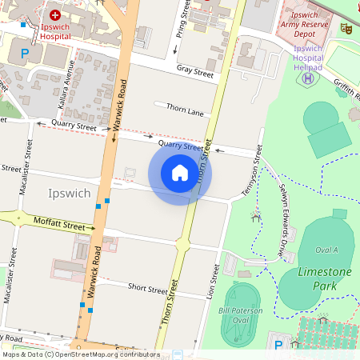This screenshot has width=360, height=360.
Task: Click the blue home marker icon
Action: click(180, 173)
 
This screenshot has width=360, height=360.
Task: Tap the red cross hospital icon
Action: click(55, 14)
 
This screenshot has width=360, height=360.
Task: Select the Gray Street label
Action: click(196, 72)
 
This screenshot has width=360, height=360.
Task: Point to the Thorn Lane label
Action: click(184, 110)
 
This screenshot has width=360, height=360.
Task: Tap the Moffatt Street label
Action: click(58, 222)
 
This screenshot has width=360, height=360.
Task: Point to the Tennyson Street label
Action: click(252, 171)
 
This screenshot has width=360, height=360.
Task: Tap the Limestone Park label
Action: click(325, 278)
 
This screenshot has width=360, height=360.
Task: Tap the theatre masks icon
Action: click(346, 29)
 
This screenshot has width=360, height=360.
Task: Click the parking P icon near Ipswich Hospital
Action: click(24, 54)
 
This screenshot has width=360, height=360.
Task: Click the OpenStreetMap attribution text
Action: click(80, 354)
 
